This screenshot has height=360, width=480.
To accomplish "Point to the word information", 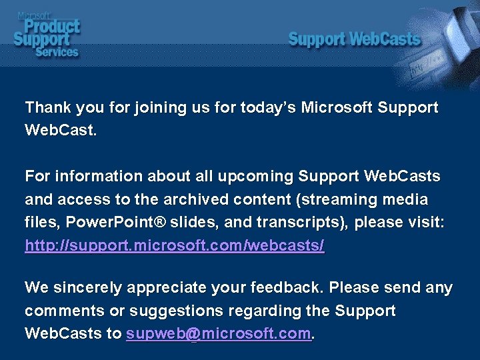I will pos(97,177).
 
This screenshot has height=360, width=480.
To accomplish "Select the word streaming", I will pos(346,200).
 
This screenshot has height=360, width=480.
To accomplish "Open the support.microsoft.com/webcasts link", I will pos(174,246).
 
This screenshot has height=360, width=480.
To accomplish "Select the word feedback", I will pos(287,288).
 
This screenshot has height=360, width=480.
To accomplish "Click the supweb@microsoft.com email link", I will pos(219,333).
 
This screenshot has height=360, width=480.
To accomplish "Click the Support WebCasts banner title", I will pos(354,39).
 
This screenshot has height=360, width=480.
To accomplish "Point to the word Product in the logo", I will pos(51,26).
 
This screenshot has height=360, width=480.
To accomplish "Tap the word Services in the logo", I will pos(56,51).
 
